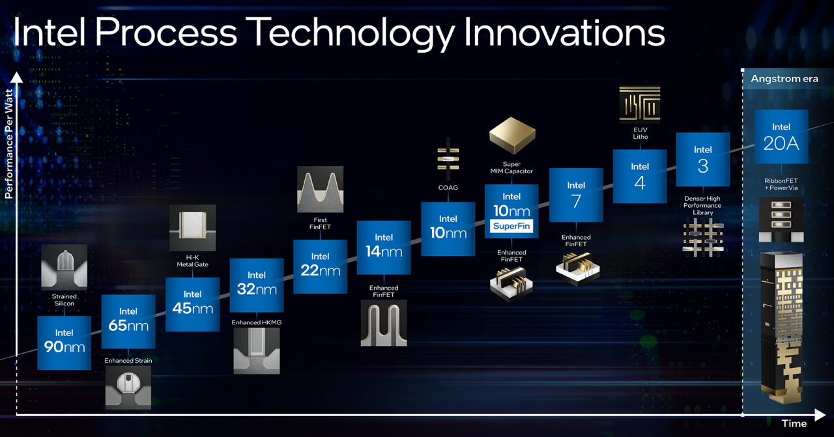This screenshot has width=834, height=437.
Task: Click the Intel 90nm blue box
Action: pos(64,343)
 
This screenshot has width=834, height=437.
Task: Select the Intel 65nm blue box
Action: pos(128,322)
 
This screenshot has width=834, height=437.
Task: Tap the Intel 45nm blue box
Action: pos(192,304)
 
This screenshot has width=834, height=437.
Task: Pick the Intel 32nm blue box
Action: pos(257,285)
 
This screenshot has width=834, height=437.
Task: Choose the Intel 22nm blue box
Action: pos(320,266)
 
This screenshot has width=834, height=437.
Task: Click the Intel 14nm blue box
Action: pos(384,247)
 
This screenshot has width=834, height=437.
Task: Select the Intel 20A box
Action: pos(781,137)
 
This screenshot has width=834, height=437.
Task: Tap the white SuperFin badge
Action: pos(511,226)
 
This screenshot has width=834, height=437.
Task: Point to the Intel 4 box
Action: pos(640,176)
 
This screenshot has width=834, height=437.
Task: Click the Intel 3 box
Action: pos(703,160)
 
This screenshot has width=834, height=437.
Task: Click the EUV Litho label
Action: pos(640,134)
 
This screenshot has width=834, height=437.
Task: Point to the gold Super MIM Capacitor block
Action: pos(512,135)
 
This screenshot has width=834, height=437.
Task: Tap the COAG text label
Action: pos(448,188)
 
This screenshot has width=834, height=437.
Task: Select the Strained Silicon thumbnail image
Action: pos(64,267)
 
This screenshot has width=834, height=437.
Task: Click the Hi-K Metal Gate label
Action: pos(192,261)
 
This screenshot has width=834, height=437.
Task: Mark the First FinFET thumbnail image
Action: pos(320,190)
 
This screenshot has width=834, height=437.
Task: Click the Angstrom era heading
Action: pos(784,79)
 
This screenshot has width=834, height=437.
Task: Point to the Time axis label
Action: pos(794,423)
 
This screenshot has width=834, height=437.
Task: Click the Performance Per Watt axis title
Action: pos(9,144)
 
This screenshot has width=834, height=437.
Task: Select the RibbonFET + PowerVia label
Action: pos(781,184)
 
